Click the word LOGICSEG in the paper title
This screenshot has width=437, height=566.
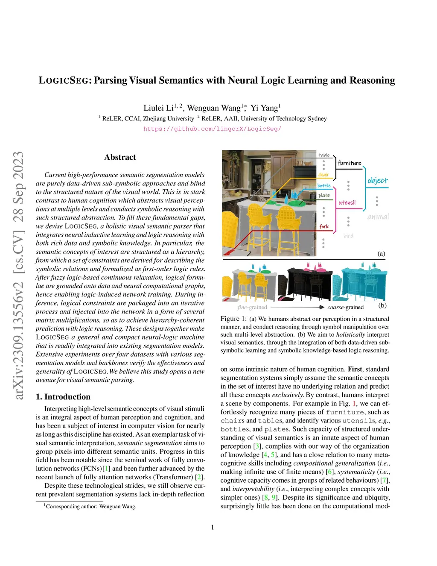(64, 80)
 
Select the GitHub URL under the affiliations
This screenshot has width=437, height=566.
(212, 129)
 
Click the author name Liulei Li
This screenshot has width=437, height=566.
(158, 108)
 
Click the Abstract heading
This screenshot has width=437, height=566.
(120, 157)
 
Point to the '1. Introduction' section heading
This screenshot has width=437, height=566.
(63, 397)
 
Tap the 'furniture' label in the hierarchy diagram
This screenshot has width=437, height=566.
(349, 163)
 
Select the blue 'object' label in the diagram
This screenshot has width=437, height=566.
(378, 180)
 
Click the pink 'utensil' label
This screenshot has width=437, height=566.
(347, 202)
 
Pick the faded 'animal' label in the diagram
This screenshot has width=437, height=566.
(378, 217)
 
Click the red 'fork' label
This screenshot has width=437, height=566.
(324, 226)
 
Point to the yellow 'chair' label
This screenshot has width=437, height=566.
(323, 175)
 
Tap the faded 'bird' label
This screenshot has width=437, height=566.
(348, 235)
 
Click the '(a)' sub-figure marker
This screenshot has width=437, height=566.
(381, 254)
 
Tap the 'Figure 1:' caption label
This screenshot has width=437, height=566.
(233, 319)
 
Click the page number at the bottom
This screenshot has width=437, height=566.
(213, 527)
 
